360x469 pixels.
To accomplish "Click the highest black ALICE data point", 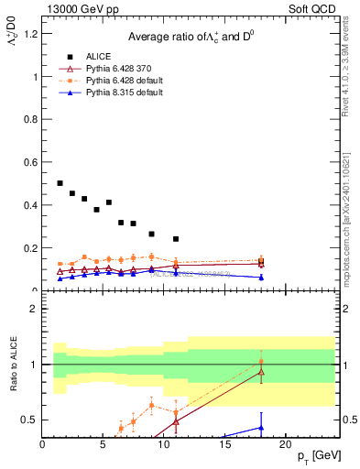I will click(60, 183).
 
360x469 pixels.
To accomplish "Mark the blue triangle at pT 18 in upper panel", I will click(261, 277).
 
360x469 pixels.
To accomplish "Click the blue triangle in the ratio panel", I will click(261, 427).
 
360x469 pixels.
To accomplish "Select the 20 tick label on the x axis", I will click(285, 444).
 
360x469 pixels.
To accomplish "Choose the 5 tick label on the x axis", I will click(103, 444).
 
